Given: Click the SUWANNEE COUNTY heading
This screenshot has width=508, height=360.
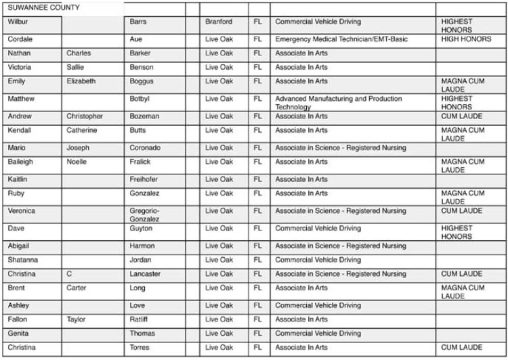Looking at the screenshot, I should pos(43,8).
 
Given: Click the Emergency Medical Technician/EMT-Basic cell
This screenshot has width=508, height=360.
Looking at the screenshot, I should pos(341,39).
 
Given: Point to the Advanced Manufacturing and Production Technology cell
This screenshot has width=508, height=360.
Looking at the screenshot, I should pos(338,103).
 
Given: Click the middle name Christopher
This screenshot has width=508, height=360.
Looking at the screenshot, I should pos(85,116).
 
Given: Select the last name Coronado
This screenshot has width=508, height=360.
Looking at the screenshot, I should pos(145,148).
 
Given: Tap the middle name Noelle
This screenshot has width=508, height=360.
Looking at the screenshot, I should pos(77,162).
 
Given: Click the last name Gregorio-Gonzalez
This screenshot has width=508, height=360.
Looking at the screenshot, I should pos(145,215).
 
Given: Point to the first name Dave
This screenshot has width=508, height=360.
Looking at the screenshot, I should pos(16,228).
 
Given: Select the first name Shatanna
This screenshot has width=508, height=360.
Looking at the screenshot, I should pos(23,260).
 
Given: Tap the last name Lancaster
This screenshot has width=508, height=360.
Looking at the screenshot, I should pos(145,274).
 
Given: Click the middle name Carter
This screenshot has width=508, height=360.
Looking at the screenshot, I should pos(77,288).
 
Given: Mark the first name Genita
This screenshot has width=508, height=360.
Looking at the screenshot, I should pos(18,334).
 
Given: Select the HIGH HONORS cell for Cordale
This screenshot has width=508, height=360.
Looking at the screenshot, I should pos(466,39).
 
